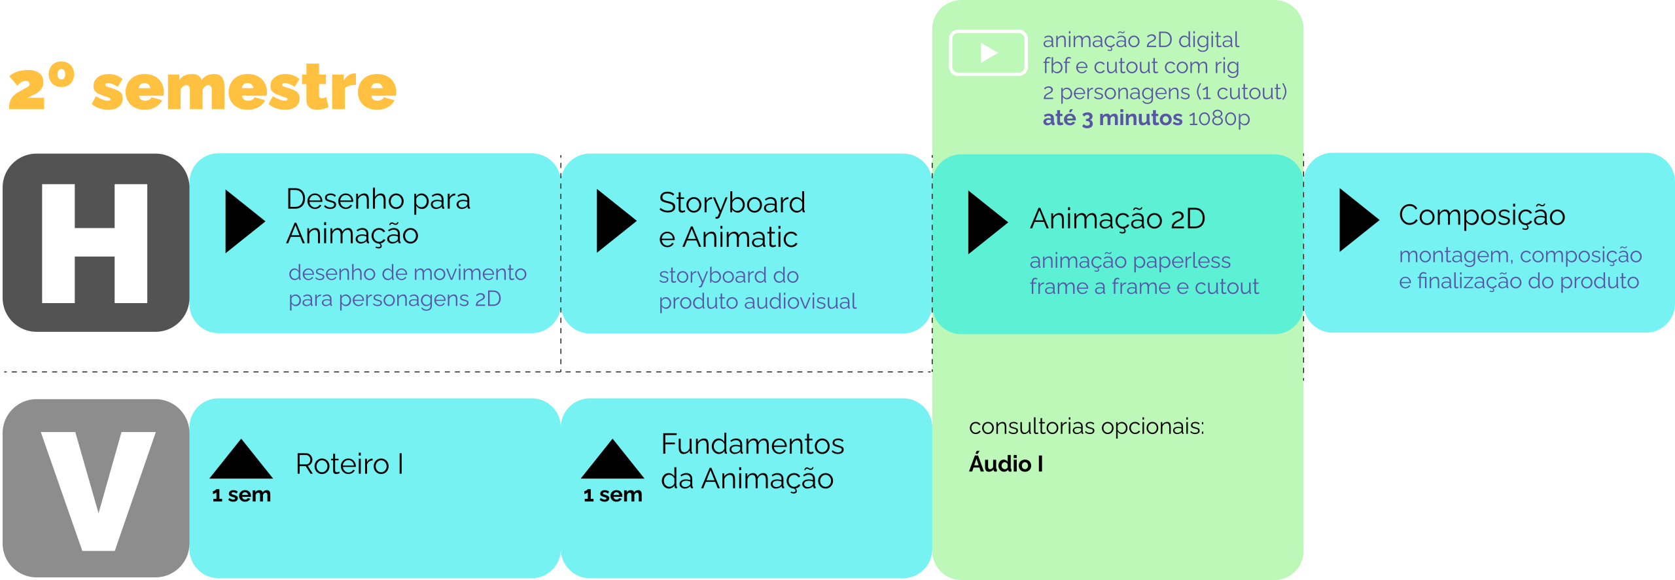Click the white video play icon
point(987,53)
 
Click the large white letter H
point(95,244)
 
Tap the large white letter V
point(98,491)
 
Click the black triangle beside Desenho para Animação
point(242,221)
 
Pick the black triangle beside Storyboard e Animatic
point(614,221)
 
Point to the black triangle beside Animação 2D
point(985,223)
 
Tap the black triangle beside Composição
point(1356,220)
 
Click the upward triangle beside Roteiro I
point(241,460)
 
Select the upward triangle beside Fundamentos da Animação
point(612,460)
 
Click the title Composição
point(1481,215)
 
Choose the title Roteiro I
point(349,464)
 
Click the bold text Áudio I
point(1006,464)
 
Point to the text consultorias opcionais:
point(1086,427)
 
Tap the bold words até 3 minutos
point(1112,118)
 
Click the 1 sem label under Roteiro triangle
point(241,496)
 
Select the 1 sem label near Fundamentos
point(612,496)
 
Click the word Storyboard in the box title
point(732,203)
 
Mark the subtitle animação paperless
point(1130,261)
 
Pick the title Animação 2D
point(1118,219)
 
